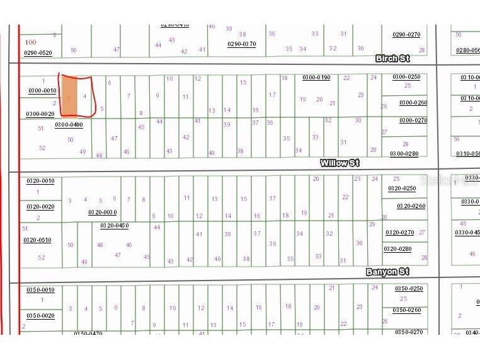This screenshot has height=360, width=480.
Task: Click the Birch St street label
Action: [392, 59]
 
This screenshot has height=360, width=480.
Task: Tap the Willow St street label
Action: [340, 163]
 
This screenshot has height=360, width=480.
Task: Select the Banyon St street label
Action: [387, 272]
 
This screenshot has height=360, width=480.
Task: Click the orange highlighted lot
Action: [69, 96]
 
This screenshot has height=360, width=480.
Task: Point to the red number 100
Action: [30, 42]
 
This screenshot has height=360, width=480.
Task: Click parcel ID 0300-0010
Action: [41, 91]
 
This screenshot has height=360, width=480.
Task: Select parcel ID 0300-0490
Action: [69, 125]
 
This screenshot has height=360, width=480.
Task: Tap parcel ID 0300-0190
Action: [316, 78]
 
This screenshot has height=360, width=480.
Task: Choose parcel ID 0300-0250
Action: [406, 77]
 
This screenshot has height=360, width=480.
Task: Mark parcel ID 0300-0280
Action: [404, 154]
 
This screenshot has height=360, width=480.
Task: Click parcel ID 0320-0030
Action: [102, 212]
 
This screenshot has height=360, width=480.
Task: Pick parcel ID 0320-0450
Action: [114, 225]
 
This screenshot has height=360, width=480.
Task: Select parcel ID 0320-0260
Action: [411, 206]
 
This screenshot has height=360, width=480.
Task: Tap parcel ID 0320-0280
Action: [397, 249]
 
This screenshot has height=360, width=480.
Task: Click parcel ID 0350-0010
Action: [40, 290]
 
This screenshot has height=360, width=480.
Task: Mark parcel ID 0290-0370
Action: [241, 44]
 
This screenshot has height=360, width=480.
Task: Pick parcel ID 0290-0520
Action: [38, 53]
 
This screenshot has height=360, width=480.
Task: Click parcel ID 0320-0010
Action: [40, 181]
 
